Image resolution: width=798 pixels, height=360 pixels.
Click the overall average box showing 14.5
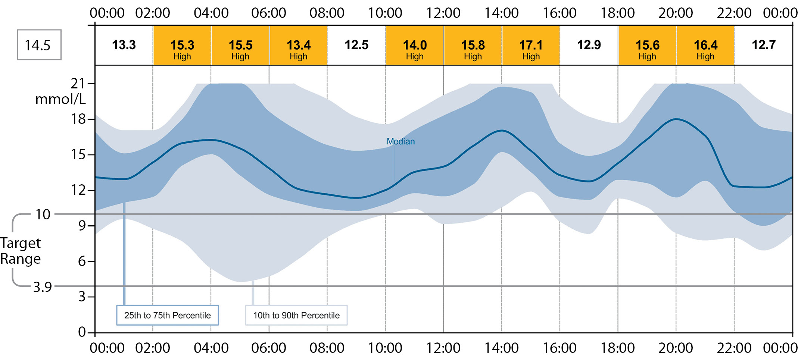(39, 45)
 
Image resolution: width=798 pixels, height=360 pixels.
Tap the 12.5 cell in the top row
(356, 45)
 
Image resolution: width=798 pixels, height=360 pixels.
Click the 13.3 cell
(124, 45)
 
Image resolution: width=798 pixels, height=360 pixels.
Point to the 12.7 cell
(763, 45)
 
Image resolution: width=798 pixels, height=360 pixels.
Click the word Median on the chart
(400, 141)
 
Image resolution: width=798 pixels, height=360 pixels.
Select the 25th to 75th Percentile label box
(168, 315)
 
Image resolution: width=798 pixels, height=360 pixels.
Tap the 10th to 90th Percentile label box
(296, 315)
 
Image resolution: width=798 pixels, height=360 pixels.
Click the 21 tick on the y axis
(78, 84)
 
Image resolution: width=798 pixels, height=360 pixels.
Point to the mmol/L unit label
(60, 99)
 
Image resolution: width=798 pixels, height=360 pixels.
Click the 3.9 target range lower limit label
(43, 287)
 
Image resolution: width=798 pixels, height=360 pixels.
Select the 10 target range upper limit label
(43, 215)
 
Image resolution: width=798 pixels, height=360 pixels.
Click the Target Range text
(21, 251)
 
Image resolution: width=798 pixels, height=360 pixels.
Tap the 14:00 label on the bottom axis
(501, 348)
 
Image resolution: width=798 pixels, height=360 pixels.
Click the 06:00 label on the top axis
(269, 13)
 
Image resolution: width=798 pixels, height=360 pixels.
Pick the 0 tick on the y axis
(82, 332)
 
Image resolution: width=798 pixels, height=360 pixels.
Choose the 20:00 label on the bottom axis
(676, 348)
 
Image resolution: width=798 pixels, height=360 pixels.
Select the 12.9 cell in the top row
(589, 45)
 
